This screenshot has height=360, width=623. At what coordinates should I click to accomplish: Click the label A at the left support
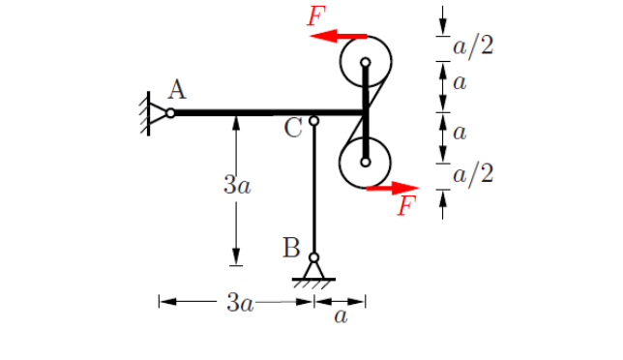tap(176, 90)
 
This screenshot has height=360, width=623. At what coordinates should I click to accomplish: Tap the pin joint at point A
tap(170, 113)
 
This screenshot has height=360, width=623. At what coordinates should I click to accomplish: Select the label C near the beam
tap(295, 127)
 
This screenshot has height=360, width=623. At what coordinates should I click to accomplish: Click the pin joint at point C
tap(313, 121)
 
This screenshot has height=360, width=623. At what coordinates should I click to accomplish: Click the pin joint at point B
tap(313, 257)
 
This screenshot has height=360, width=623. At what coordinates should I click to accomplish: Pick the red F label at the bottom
tap(408, 206)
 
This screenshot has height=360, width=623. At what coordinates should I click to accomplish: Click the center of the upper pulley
tap(365, 63)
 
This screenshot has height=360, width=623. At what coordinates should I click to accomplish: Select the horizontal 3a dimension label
tap(240, 304)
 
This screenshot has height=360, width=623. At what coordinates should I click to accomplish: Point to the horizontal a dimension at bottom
tap(341, 316)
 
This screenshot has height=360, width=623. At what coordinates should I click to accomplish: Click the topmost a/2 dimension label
tap(473, 45)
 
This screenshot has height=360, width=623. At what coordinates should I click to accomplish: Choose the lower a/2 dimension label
tap(473, 174)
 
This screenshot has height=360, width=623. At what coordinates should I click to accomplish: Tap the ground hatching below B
tap(313, 284)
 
